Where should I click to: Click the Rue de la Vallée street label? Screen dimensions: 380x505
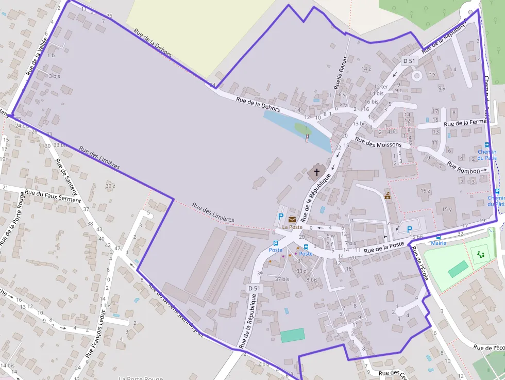coord(36,57)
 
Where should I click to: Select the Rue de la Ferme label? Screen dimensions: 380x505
coord(465,123)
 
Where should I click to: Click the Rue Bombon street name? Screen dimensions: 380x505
coord(467,168)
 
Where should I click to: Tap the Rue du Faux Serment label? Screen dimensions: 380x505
coord(53,196)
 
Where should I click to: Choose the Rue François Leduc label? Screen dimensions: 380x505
coord(96,333)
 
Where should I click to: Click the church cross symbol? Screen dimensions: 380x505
coord(316,172)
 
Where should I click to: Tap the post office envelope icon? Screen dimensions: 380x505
coord(292,219)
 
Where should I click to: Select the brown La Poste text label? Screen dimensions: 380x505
coord(292,227)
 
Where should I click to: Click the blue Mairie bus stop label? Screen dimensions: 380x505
coord(439,243)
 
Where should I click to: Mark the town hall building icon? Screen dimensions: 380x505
coord(388,195)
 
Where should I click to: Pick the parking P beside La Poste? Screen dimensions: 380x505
coord(281,217)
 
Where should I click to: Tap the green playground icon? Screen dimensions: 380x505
coord(481,254)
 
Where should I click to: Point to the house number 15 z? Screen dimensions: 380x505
coord(425,191)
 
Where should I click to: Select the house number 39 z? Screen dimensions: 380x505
coord(109,186)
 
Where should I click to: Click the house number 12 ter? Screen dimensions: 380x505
coord(381,87)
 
